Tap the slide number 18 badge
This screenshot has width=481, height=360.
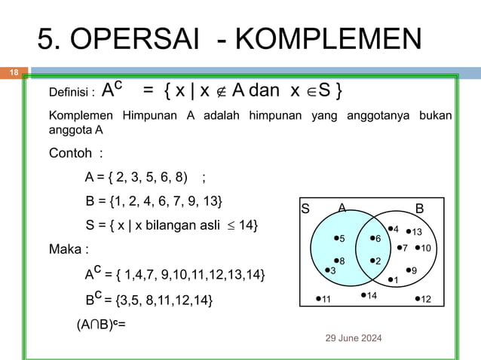coord(13,73)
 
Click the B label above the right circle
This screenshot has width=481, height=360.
coord(420,208)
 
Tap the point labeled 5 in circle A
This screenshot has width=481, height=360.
coord(337,239)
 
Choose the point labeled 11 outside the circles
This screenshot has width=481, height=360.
coord(320,300)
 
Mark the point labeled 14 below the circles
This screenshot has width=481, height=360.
coord(364,295)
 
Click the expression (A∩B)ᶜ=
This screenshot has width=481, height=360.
coord(100,325)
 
